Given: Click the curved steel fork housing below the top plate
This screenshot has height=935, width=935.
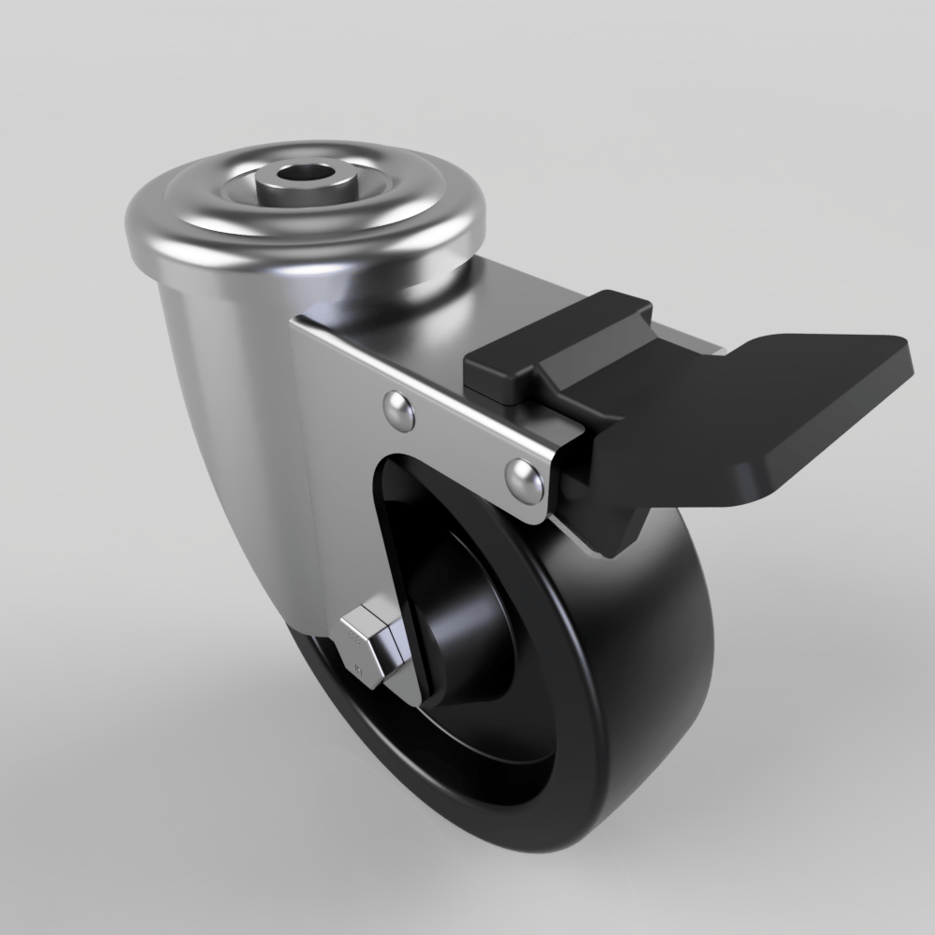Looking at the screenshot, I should tap(224, 374).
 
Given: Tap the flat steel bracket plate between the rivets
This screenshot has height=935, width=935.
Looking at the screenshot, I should tap(458, 439).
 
